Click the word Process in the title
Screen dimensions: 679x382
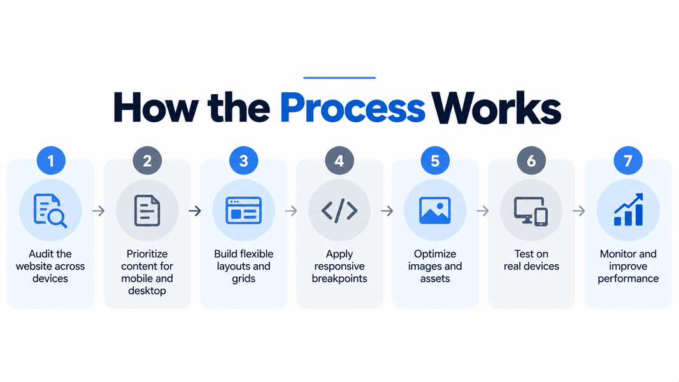point(352,108)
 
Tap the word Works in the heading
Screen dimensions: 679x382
point(497,108)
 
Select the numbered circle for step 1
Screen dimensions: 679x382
point(51,160)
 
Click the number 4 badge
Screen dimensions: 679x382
point(339,160)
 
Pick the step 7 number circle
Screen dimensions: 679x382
point(628,160)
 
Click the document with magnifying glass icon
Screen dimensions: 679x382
point(50,211)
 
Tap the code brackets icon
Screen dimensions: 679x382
point(339,211)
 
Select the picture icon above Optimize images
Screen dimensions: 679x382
point(435,211)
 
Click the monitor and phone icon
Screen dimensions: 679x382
point(531,211)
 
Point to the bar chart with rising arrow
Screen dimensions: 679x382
point(628,210)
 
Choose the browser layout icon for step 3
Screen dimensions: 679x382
point(243,211)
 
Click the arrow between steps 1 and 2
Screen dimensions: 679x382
point(99,211)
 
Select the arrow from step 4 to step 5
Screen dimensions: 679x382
point(387,211)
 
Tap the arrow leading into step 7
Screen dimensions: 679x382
point(579,211)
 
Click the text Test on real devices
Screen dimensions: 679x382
point(531,260)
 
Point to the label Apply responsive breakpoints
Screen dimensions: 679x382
point(339,266)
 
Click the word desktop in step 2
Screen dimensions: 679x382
point(147,291)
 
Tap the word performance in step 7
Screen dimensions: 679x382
point(628,279)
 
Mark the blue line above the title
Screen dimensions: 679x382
point(339,78)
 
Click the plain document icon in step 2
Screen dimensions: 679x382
point(147,211)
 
